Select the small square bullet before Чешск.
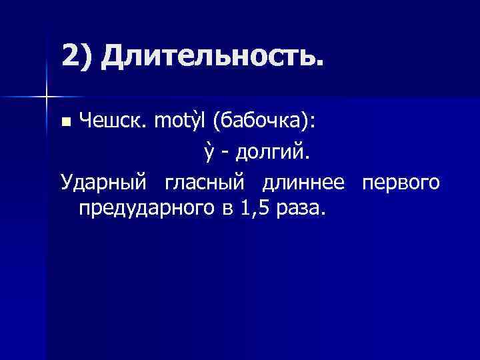pyautogui.click(x=65, y=122)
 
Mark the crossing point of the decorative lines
pyautogui.click(x=46, y=97)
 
